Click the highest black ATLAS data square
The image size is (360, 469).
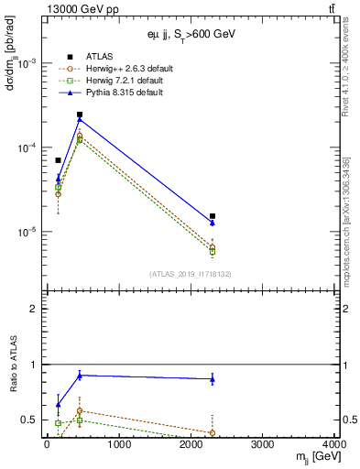pyautogui.click(x=80, y=115)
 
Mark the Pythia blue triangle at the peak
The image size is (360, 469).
pyautogui.click(x=80, y=119)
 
